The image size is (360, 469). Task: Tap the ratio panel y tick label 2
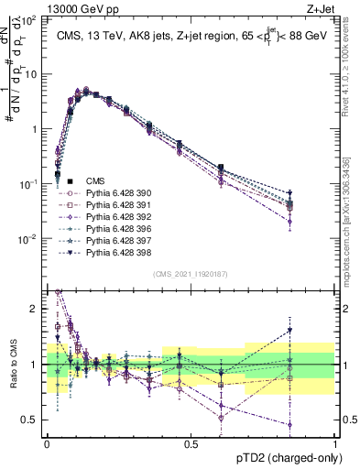tap(35, 309)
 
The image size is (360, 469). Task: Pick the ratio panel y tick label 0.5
tap(30, 420)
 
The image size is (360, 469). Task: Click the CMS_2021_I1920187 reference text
tap(191, 273)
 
